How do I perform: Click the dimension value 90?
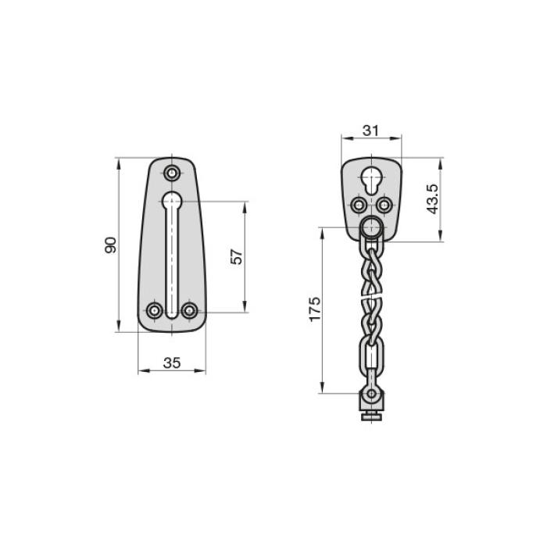(110, 245)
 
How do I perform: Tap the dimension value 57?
(237, 256)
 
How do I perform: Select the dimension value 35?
(172, 363)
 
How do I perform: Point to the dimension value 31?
(370, 130)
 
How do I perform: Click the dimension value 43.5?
(432, 198)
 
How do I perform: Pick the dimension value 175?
(315, 309)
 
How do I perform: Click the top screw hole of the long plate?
(172, 173)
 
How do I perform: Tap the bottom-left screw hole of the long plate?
(155, 310)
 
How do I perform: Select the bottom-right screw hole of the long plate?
(190, 310)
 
